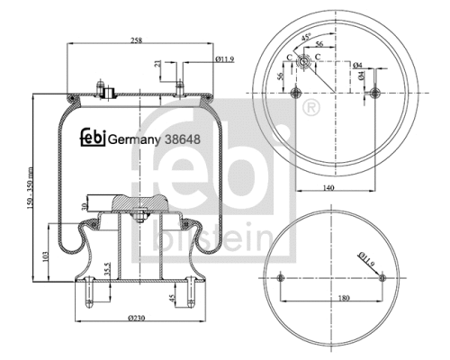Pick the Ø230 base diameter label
136,319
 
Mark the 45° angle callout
309,37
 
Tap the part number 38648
178,139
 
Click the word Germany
135,139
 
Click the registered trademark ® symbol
311,108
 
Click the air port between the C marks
305,61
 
